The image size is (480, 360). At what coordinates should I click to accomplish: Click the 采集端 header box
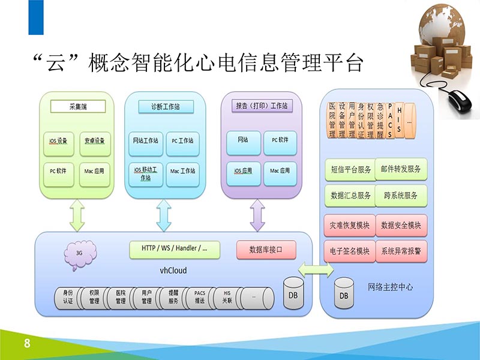[77, 107]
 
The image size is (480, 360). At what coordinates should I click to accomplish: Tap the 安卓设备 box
[94, 142]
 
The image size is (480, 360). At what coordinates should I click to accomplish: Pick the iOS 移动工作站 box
[145, 173]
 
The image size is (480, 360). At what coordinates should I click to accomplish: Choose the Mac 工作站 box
[182, 171]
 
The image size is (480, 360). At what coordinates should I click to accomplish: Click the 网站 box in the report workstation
[243, 140]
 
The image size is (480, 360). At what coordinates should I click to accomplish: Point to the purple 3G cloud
[79, 253]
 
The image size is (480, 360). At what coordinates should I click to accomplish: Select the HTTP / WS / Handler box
[175, 248]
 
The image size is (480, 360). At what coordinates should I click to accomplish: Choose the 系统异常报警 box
[401, 251]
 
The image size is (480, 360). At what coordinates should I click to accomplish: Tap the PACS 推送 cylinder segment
[200, 296]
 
